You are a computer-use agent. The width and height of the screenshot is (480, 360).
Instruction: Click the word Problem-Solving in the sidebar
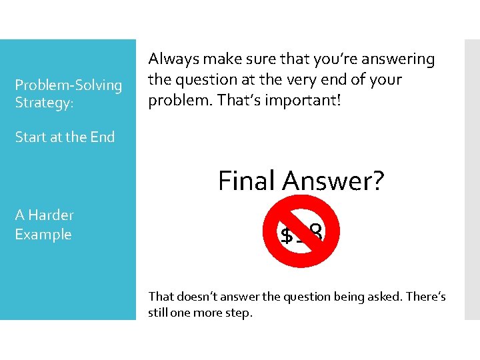[69, 85]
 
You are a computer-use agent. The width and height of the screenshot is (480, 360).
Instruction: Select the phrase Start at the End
[65, 137]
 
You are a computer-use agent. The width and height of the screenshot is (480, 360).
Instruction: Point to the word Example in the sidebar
[43, 235]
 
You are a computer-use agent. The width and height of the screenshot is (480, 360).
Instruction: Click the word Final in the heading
[247, 180]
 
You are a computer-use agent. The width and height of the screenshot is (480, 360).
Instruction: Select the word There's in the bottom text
[425, 296]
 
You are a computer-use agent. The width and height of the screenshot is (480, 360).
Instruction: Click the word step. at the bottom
[239, 312]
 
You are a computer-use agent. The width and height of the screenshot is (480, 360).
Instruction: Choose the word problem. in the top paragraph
[175, 99]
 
